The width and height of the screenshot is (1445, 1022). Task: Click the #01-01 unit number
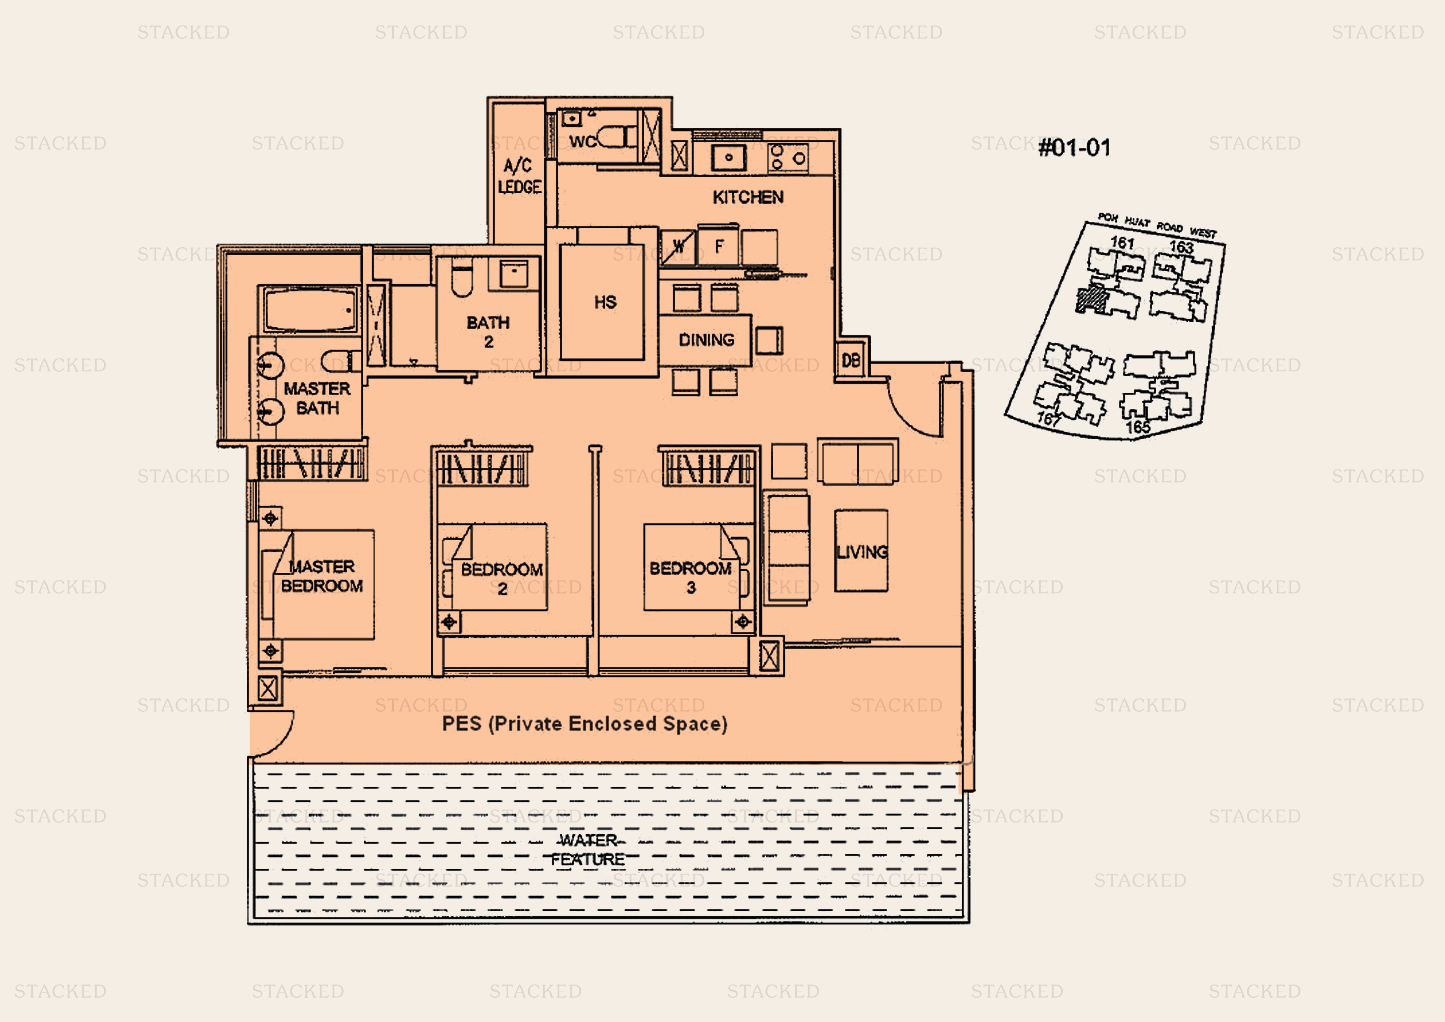1074,148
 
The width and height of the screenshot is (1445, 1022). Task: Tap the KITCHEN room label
748,197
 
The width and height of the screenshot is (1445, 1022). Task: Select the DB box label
850,360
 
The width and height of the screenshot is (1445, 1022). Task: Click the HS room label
605,302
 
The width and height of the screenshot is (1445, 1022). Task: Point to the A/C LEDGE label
519,176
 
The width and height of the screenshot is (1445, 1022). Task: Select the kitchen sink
728,157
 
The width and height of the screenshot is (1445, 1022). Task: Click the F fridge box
718,246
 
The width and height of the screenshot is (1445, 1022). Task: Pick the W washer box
678,246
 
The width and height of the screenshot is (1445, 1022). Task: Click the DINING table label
706,340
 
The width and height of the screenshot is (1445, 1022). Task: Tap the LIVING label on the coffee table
861,552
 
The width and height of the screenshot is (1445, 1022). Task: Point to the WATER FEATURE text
588,849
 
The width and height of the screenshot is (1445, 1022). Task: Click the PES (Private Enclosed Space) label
584,724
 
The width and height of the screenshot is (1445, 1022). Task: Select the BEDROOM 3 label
690,577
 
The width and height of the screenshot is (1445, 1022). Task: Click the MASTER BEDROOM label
322,576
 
